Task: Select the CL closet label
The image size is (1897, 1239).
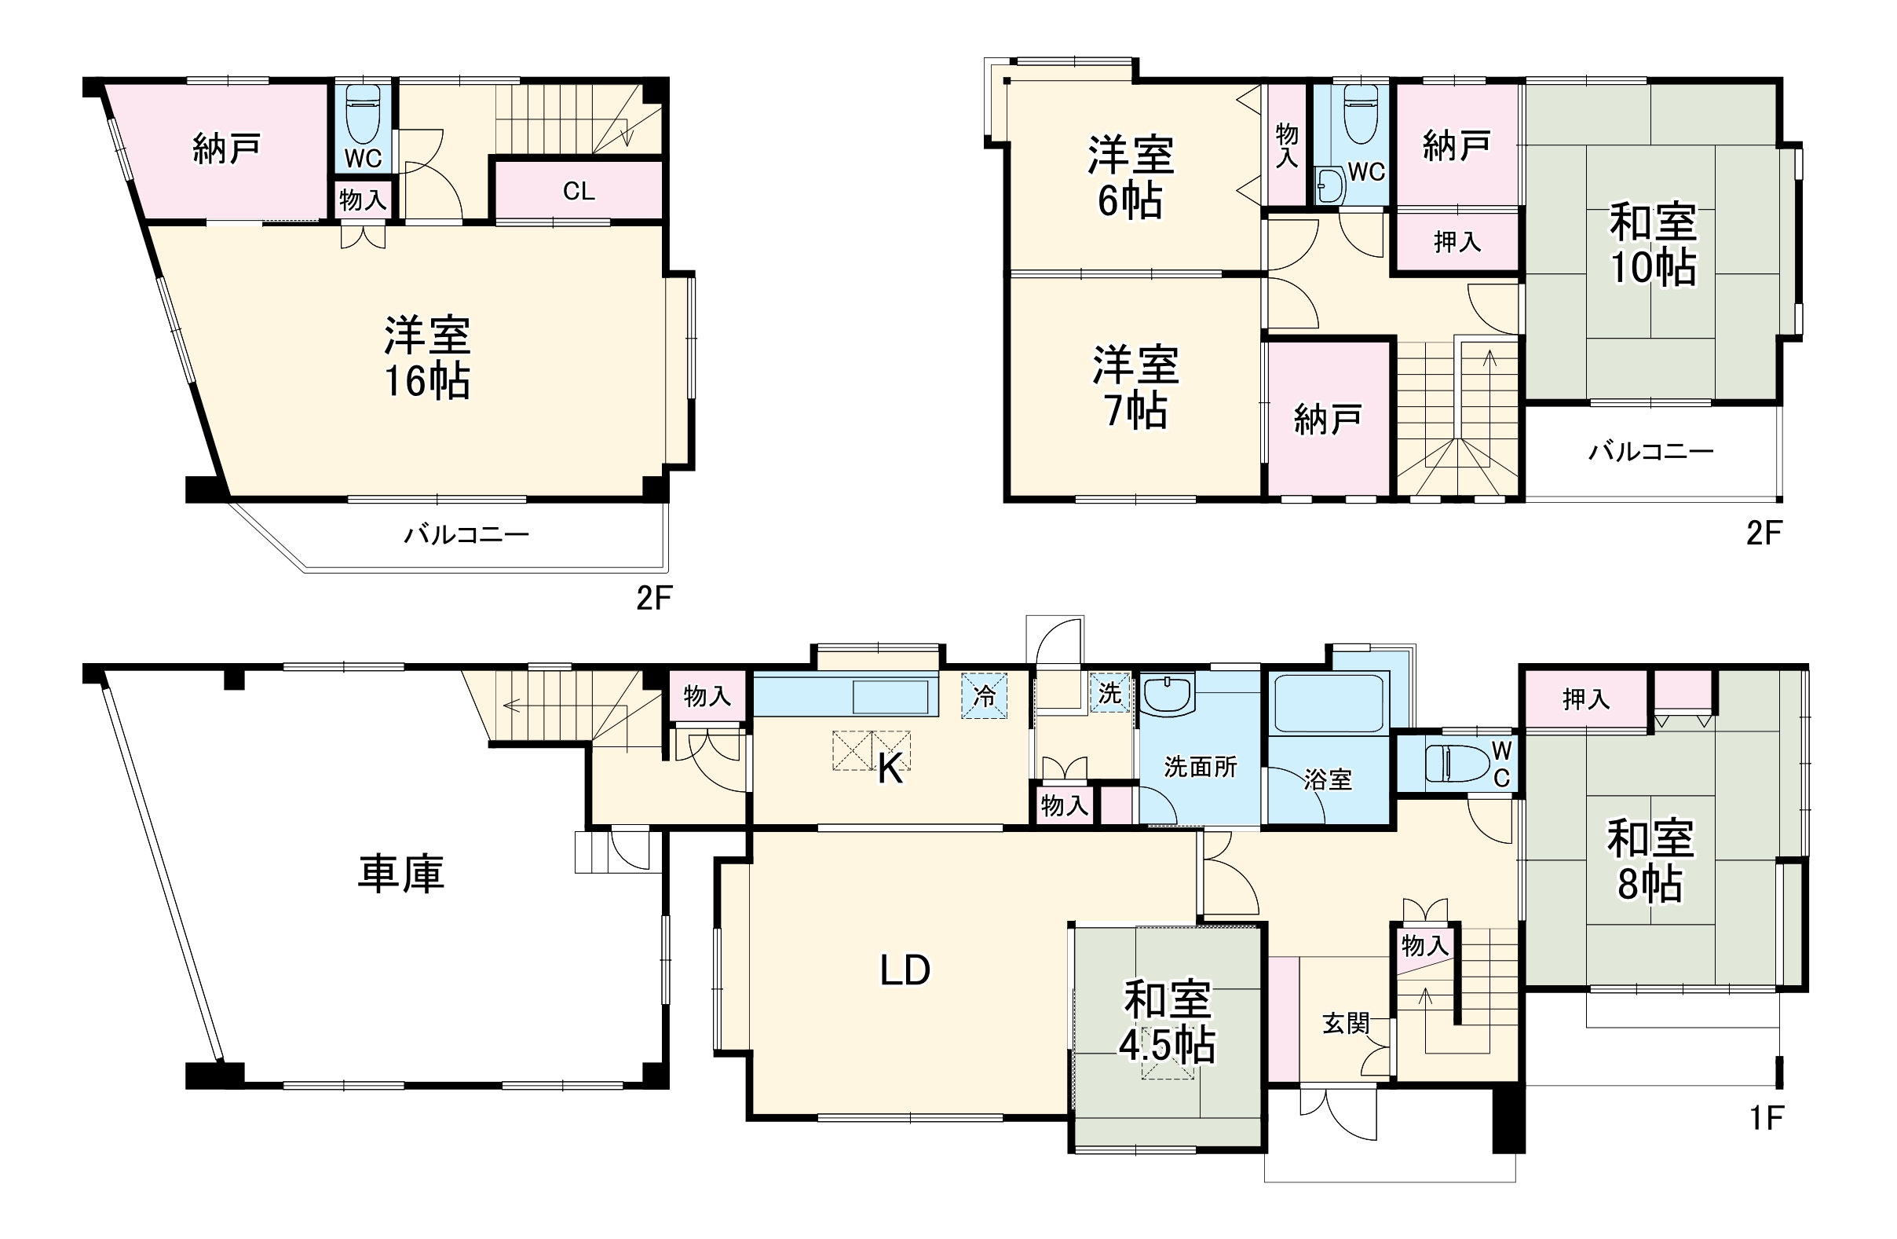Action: coord(579,192)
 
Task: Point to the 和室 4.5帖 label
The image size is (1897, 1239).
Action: coord(1168,1022)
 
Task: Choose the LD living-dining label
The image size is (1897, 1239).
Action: coord(905,970)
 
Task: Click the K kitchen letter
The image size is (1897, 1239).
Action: coord(890,769)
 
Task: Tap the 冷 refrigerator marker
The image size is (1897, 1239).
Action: coord(985,696)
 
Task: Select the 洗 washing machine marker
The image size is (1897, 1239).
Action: coord(1110,694)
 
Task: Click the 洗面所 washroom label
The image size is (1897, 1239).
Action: coord(1201,767)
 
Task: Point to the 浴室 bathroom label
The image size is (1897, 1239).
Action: coord(1328,779)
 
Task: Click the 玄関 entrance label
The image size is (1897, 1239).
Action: coord(1347,1024)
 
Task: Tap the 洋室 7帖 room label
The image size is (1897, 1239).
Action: coord(1136,387)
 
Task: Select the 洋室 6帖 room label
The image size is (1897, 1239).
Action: coord(1131,178)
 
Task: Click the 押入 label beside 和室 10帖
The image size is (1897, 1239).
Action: coord(1458,241)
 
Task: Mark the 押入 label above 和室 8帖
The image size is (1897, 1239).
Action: coord(1586,699)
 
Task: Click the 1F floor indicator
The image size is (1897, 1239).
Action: coord(1767,1119)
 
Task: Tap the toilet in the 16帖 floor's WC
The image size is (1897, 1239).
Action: coord(363,114)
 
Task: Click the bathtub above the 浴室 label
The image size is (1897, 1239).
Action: coord(1329,703)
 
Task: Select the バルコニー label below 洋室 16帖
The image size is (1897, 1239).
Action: coord(466,534)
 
